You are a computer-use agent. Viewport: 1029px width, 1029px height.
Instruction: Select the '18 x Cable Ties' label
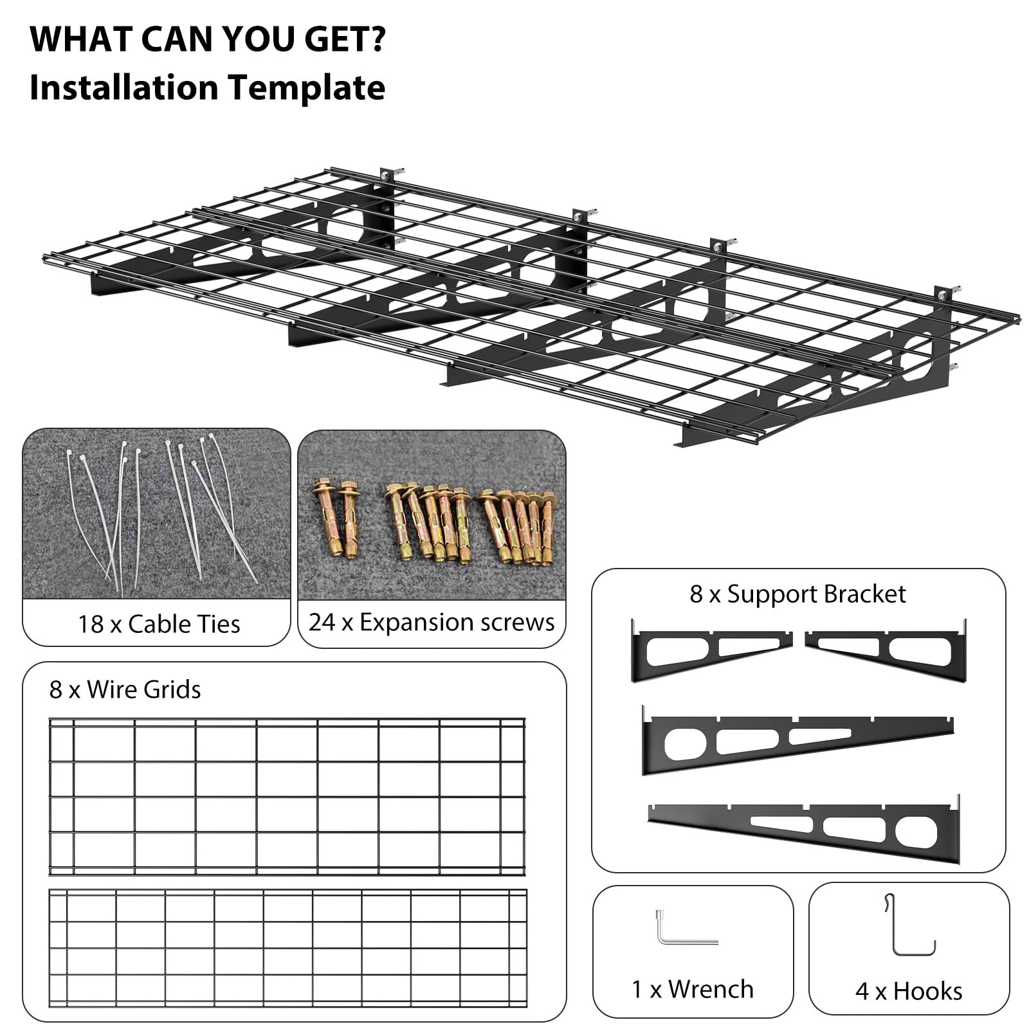(x=159, y=624)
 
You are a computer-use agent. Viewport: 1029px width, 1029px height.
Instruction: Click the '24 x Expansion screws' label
(x=432, y=623)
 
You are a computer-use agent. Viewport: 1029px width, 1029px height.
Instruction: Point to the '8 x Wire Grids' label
(x=125, y=689)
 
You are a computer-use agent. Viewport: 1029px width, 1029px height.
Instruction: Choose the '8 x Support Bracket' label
(x=797, y=594)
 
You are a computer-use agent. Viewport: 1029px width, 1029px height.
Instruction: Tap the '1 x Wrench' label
(x=693, y=989)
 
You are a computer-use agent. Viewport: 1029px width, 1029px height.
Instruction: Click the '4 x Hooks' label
(x=909, y=991)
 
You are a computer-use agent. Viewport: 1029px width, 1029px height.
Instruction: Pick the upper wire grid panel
(x=287, y=797)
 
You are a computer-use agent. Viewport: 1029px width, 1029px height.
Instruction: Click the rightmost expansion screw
(x=547, y=527)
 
